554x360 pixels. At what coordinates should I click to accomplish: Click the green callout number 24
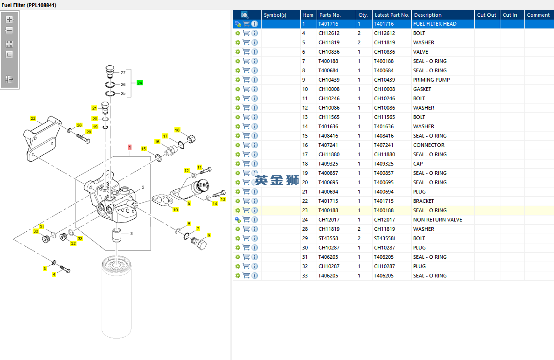(139, 83)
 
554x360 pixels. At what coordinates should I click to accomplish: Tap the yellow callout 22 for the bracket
(33, 118)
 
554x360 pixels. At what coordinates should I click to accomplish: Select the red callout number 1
(130, 147)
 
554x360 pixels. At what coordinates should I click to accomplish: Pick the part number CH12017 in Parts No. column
(329, 220)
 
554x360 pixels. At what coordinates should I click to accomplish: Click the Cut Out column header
(486, 15)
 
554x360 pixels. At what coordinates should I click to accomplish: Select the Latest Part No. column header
(392, 15)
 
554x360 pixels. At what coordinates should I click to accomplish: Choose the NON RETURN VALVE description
(437, 220)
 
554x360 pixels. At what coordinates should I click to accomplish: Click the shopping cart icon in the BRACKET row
(246, 201)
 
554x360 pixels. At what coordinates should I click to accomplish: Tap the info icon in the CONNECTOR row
(255, 145)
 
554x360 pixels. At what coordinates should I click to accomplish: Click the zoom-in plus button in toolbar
(9, 20)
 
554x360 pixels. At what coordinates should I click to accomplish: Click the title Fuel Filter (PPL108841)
(29, 5)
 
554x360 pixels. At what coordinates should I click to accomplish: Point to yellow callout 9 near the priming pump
(189, 203)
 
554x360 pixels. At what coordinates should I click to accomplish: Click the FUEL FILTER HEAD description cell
(435, 24)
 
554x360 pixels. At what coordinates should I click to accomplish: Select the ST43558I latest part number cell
(384, 238)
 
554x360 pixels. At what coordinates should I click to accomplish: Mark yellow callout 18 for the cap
(177, 130)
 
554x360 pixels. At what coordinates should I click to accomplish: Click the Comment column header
(538, 15)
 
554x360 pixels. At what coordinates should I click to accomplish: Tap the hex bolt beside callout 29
(83, 138)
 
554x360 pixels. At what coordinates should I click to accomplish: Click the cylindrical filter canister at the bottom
(117, 297)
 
